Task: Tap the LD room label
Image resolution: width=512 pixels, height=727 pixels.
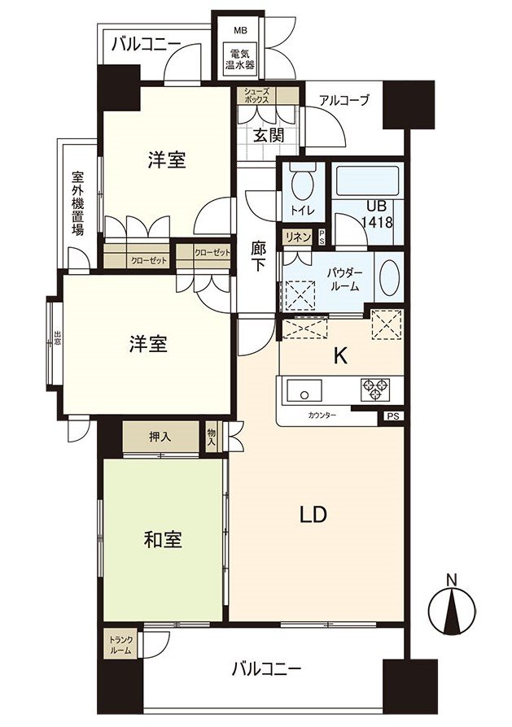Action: coord(313,514)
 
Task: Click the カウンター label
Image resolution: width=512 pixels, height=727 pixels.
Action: coord(322,415)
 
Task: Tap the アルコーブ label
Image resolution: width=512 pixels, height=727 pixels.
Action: coord(344,101)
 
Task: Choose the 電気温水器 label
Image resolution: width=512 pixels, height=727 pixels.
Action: coord(240,59)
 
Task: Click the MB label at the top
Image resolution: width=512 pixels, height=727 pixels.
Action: coord(240,31)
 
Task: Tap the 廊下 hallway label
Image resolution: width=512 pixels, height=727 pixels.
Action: coord(256,259)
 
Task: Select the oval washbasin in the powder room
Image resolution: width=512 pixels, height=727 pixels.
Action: coord(389,281)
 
